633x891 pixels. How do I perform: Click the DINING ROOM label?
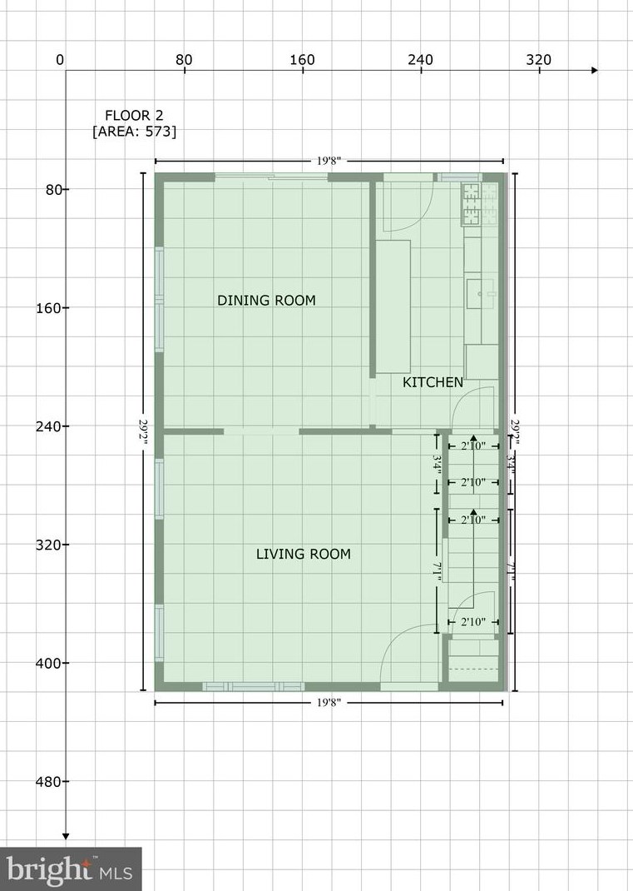(266, 301)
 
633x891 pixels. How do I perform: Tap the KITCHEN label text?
(433, 383)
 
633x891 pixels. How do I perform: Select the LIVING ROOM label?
(303, 555)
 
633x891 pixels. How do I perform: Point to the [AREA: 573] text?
(134, 132)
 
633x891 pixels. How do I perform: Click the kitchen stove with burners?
(472, 204)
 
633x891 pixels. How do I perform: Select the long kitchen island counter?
(393, 306)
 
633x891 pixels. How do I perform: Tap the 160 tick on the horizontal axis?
(302, 59)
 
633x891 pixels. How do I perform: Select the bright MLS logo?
(71, 869)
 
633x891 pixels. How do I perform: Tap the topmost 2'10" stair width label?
(472, 446)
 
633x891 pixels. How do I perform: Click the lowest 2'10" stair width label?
(472, 622)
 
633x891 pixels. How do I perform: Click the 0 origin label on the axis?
(59, 59)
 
